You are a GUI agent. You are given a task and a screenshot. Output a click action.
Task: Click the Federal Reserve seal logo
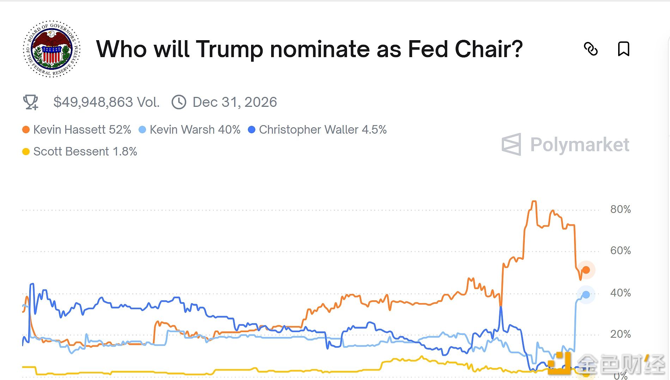pos(52,49)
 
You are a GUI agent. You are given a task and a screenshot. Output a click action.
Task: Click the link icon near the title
pos(591,49)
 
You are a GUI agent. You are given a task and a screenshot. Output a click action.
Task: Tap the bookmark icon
pos(623,49)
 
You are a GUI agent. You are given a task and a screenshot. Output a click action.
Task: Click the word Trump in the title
pos(230,49)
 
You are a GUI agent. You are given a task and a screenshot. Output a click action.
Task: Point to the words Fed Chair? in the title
pos(465,49)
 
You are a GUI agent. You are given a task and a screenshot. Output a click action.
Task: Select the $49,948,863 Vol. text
pos(106,102)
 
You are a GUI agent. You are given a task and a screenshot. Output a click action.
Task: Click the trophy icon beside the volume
pos(31,102)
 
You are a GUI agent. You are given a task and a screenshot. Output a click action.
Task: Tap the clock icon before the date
pos(179,102)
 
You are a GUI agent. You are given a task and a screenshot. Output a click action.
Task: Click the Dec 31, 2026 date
pos(234,102)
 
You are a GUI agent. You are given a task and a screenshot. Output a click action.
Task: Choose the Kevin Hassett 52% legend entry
pos(77,130)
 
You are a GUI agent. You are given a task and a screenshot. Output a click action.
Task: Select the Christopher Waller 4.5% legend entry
pos(317,130)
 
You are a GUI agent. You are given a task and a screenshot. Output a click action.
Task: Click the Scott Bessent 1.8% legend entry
pos(80,152)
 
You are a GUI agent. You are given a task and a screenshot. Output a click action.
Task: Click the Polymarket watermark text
pos(579,145)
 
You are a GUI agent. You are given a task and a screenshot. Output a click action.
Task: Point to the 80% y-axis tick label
pos(620,209)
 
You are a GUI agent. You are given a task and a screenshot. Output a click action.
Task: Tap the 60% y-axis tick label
pos(620,251)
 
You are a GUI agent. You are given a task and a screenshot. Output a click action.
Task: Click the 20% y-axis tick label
pos(620,334)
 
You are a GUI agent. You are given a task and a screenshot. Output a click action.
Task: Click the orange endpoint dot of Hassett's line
pos(586,270)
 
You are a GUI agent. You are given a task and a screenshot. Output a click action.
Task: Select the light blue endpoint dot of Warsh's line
pos(586,295)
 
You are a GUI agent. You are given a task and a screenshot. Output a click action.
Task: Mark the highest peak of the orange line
pos(534,202)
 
